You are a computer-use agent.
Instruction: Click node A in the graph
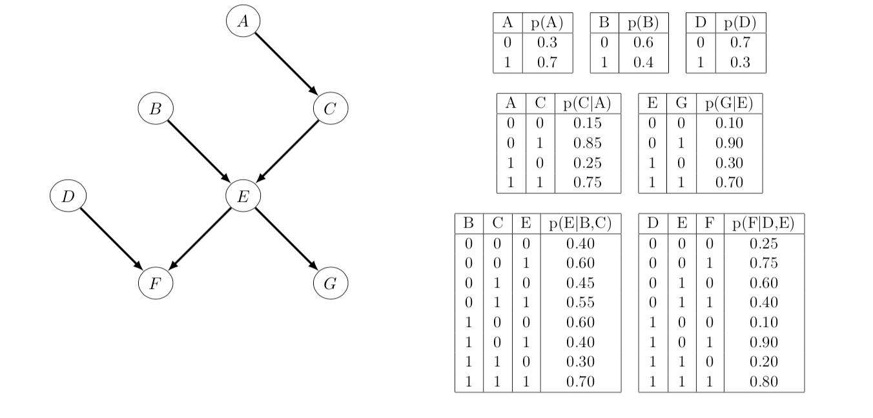point(243,21)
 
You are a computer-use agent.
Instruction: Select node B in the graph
point(155,109)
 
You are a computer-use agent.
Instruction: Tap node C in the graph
point(330,109)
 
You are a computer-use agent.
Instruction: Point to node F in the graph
point(155,284)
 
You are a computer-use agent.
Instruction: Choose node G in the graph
point(330,284)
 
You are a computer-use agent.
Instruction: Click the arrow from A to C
point(286,65)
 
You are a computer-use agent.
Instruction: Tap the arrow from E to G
point(286,239)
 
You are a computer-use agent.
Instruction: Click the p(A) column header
point(547,23)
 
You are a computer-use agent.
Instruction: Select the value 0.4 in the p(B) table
point(643,63)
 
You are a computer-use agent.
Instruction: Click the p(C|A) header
point(587,103)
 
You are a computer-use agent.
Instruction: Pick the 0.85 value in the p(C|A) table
point(587,143)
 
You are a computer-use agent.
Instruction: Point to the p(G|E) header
point(729,103)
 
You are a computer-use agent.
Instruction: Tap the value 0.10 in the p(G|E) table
point(729,123)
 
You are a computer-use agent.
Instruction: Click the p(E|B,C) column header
point(580,224)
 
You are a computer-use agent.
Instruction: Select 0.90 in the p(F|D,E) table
point(763,342)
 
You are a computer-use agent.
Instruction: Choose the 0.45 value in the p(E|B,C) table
point(580,283)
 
